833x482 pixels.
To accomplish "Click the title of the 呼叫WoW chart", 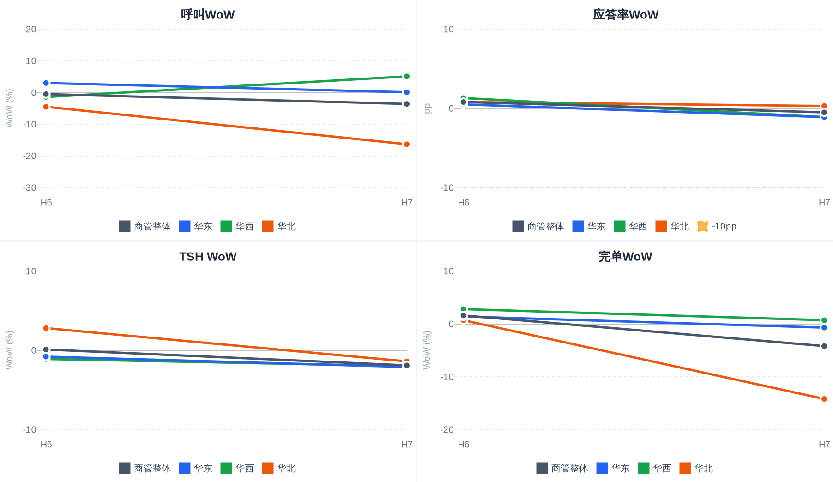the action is click(208, 15).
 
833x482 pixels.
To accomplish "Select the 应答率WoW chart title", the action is click(625, 15).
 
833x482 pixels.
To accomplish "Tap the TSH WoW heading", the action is click(208, 257).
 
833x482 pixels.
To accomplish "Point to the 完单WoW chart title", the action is click(625, 257).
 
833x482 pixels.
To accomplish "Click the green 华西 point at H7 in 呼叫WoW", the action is click(407, 77).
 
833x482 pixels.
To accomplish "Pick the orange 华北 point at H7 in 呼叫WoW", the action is click(407, 145).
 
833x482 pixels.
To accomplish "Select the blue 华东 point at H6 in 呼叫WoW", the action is click(46, 83).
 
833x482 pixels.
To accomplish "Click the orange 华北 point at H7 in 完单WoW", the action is click(824, 399).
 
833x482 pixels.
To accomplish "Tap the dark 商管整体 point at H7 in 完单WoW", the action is click(824, 346).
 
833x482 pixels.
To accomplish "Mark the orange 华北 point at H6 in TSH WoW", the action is click(46, 328).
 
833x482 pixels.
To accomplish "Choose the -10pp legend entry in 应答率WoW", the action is click(717, 226).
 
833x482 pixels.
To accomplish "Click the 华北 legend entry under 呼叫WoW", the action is click(279, 226).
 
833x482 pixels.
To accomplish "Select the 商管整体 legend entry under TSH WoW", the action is click(145, 468).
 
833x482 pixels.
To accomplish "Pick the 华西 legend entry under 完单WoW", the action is click(655, 468).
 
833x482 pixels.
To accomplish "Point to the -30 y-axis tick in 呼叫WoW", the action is click(30, 188).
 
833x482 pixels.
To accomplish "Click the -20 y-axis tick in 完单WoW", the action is click(447, 430).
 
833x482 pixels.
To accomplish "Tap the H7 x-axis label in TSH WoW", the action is click(407, 445).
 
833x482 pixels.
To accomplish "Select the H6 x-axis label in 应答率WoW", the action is click(464, 203).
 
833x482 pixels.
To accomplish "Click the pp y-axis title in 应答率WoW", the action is click(427, 108).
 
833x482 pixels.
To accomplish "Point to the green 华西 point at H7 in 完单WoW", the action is click(824, 320).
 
